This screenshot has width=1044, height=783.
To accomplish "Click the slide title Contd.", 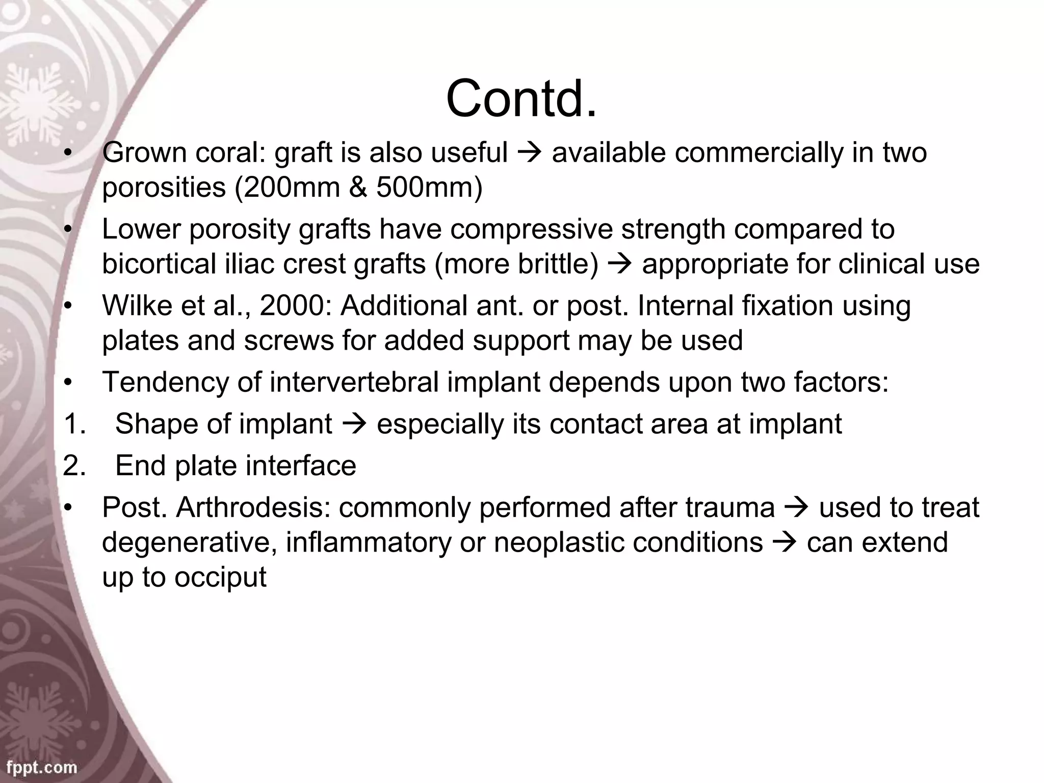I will point(521,98).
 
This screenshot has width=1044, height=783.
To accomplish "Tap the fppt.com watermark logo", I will point(42,767).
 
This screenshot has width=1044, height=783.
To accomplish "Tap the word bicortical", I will point(159,264).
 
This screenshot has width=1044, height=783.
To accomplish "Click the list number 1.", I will point(74,424).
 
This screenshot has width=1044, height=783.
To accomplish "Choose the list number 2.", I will point(74,465).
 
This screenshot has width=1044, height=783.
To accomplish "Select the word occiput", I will point(220,577).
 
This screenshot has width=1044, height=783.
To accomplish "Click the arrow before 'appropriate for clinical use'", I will point(620,265).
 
